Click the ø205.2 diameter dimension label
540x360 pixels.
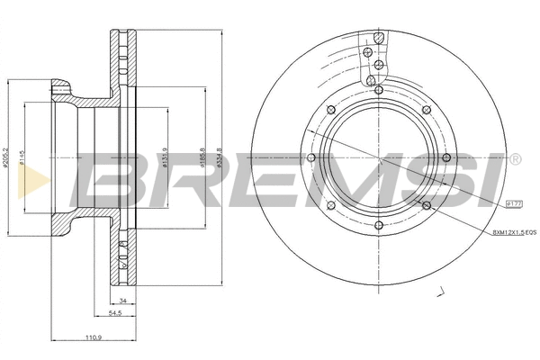click(x=7, y=157)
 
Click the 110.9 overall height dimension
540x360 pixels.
click(x=94, y=339)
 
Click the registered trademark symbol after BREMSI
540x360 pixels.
click(x=515, y=160)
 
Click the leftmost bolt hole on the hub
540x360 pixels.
click(x=310, y=157)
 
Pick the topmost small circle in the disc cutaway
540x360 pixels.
click(x=381, y=38)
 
